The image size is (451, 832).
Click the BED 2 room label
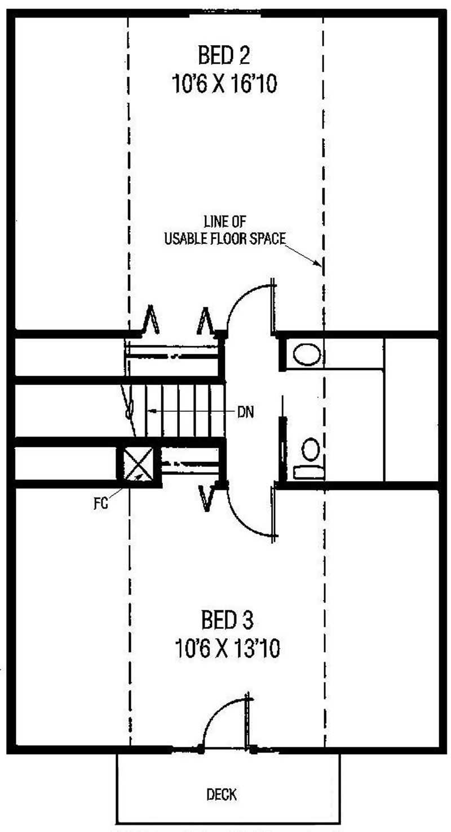coord(224,55)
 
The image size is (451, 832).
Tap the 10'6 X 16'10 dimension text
coord(224,83)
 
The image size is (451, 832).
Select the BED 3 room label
coord(227,619)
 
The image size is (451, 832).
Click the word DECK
coord(222,794)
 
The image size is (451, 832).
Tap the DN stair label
coord(246,412)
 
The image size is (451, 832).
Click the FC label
coord(100,503)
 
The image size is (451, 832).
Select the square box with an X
coord(138,464)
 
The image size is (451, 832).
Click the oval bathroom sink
coord(307,354)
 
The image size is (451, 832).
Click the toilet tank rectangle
coord(309,472)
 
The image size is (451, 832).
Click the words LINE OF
coord(225,222)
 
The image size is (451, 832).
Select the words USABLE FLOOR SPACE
coord(225,239)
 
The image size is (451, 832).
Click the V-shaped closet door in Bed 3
coord(207,498)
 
